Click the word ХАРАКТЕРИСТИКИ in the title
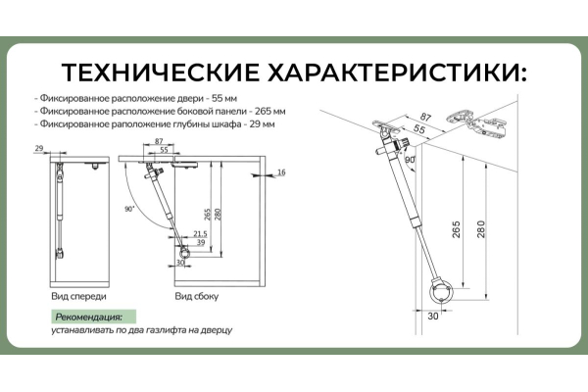[x=392, y=73]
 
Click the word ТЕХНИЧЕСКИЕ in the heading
[x=157, y=73]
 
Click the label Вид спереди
[x=78, y=295]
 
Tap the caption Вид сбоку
[x=196, y=295]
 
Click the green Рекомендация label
[x=89, y=317]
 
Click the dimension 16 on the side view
[x=280, y=171]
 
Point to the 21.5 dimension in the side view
[x=200, y=233]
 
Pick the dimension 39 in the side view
[x=200, y=242]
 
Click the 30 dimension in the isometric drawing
[x=431, y=316]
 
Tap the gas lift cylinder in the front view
[x=59, y=206]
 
